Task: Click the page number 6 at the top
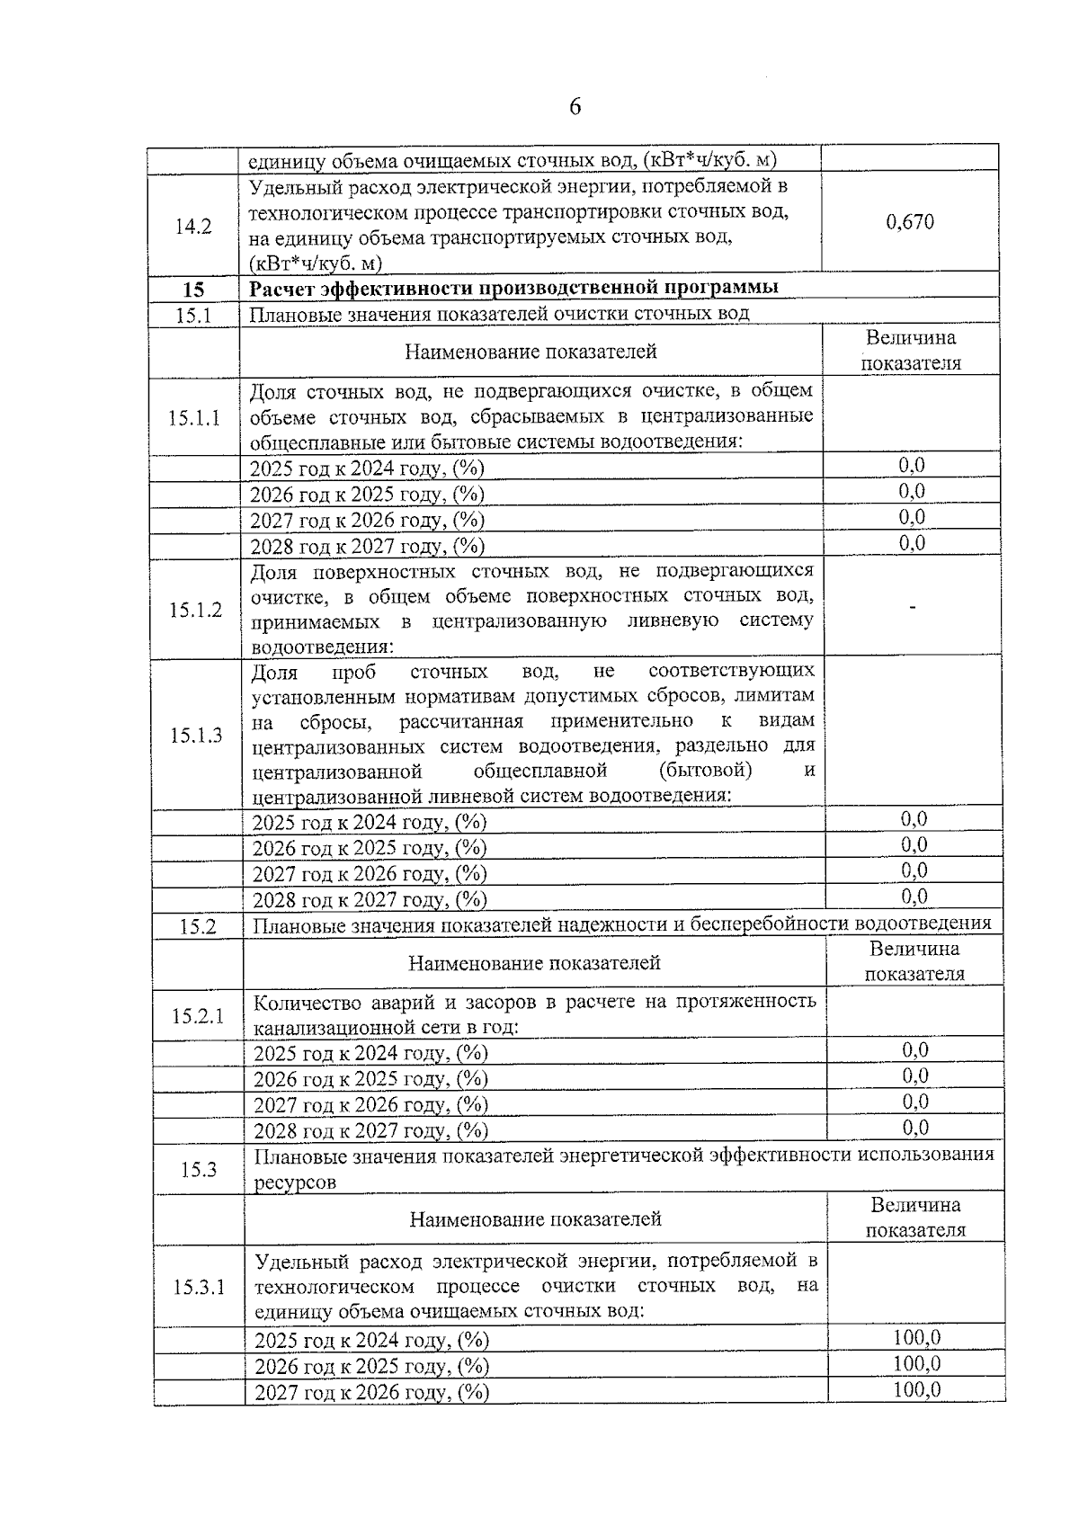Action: pyautogui.click(x=575, y=107)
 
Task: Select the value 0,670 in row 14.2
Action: pyautogui.click(x=909, y=222)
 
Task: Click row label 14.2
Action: pyautogui.click(x=193, y=227)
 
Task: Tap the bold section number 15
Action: pyautogui.click(x=193, y=290)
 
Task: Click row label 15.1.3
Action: pyautogui.click(x=196, y=735)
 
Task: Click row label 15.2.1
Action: pyautogui.click(x=198, y=1015)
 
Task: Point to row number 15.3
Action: pyautogui.click(x=198, y=1169)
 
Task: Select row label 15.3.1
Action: pyautogui.click(x=199, y=1287)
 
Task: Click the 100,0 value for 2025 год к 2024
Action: pyautogui.click(x=916, y=1337)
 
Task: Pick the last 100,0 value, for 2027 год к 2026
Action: pyautogui.click(x=916, y=1389)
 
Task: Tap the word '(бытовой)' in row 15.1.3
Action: pyautogui.click(x=705, y=770)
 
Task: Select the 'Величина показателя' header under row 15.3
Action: pyautogui.click(x=914, y=1218)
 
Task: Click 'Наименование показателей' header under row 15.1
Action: pyautogui.click(x=531, y=352)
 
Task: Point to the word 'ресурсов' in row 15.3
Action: pyautogui.click(x=295, y=1182)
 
